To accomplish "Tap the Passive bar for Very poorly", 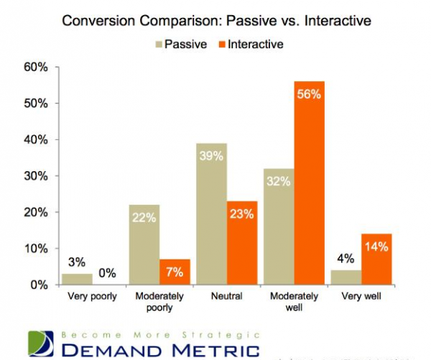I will tap(78, 279).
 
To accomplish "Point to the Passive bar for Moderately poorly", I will tap(144, 244).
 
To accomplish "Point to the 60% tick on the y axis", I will tap(35, 68).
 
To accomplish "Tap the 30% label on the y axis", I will tap(35, 176).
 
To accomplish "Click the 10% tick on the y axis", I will tap(35, 249).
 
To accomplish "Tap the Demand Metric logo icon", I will tap(41, 343).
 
